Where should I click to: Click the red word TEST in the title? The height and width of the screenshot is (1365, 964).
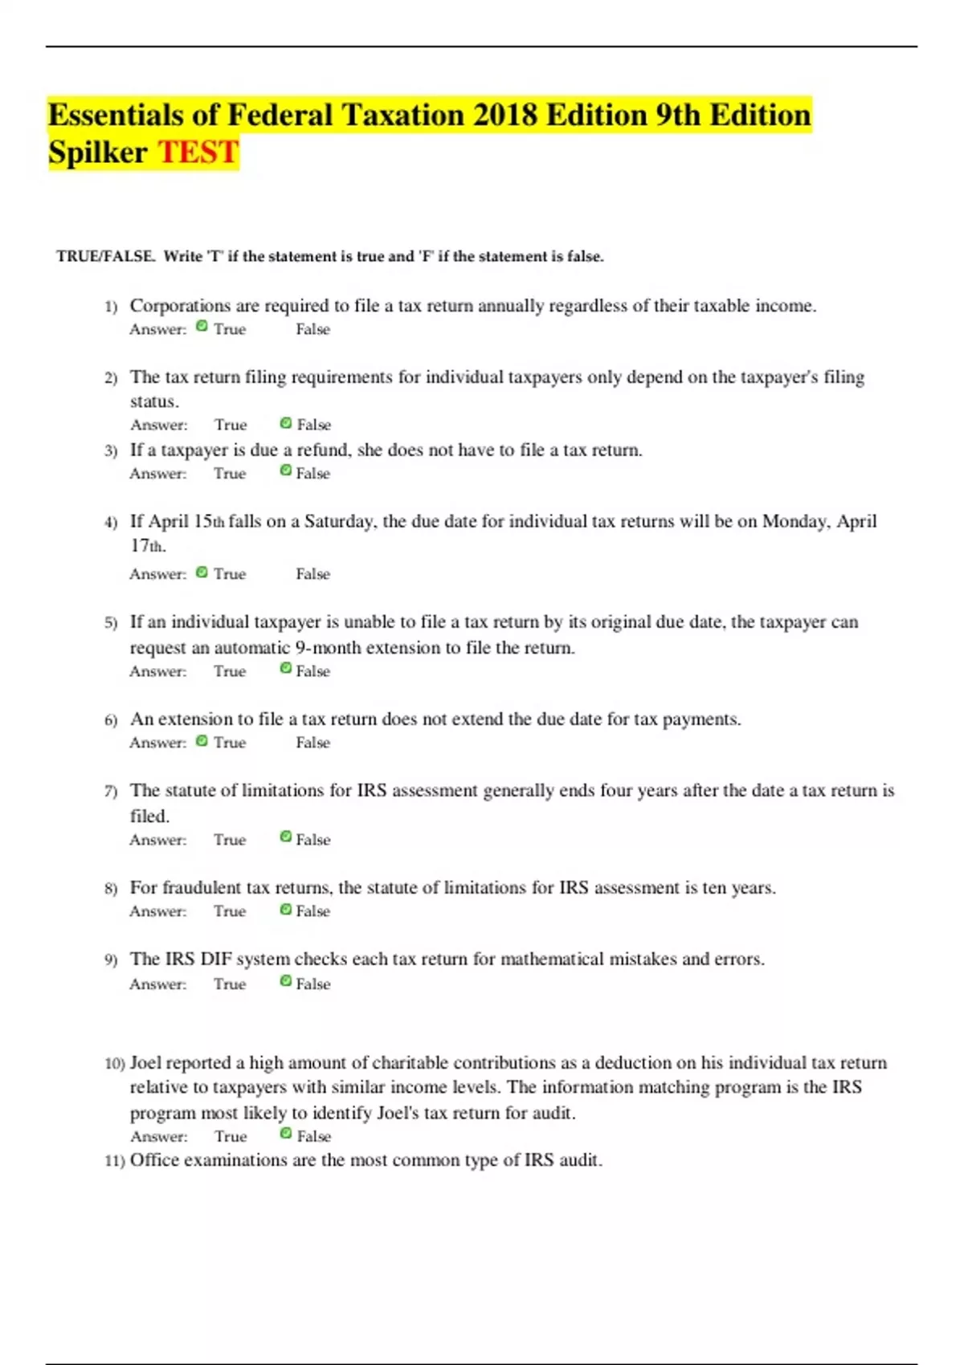coord(198,152)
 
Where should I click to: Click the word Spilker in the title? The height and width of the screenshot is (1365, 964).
coord(97,152)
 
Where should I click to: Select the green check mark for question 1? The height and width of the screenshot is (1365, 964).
coord(202,326)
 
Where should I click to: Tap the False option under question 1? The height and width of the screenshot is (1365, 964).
coord(312,329)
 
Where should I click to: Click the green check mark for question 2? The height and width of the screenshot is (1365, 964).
coord(285,422)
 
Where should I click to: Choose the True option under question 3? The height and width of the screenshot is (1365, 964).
coord(230,474)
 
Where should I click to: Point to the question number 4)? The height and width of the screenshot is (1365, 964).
coord(111,523)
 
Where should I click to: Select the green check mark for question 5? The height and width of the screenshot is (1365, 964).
coord(285,668)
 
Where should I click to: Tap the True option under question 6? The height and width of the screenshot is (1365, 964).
coord(230,743)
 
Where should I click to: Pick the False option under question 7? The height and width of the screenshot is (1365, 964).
coord(312,840)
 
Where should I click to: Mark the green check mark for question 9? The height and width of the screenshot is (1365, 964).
coord(285,980)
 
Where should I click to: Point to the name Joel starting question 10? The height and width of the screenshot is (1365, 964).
coord(145,1063)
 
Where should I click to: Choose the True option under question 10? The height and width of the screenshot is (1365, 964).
coord(231,1136)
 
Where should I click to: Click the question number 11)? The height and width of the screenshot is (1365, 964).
coord(114,1161)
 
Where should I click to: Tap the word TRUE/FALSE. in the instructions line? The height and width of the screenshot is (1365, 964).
coord(105,257)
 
